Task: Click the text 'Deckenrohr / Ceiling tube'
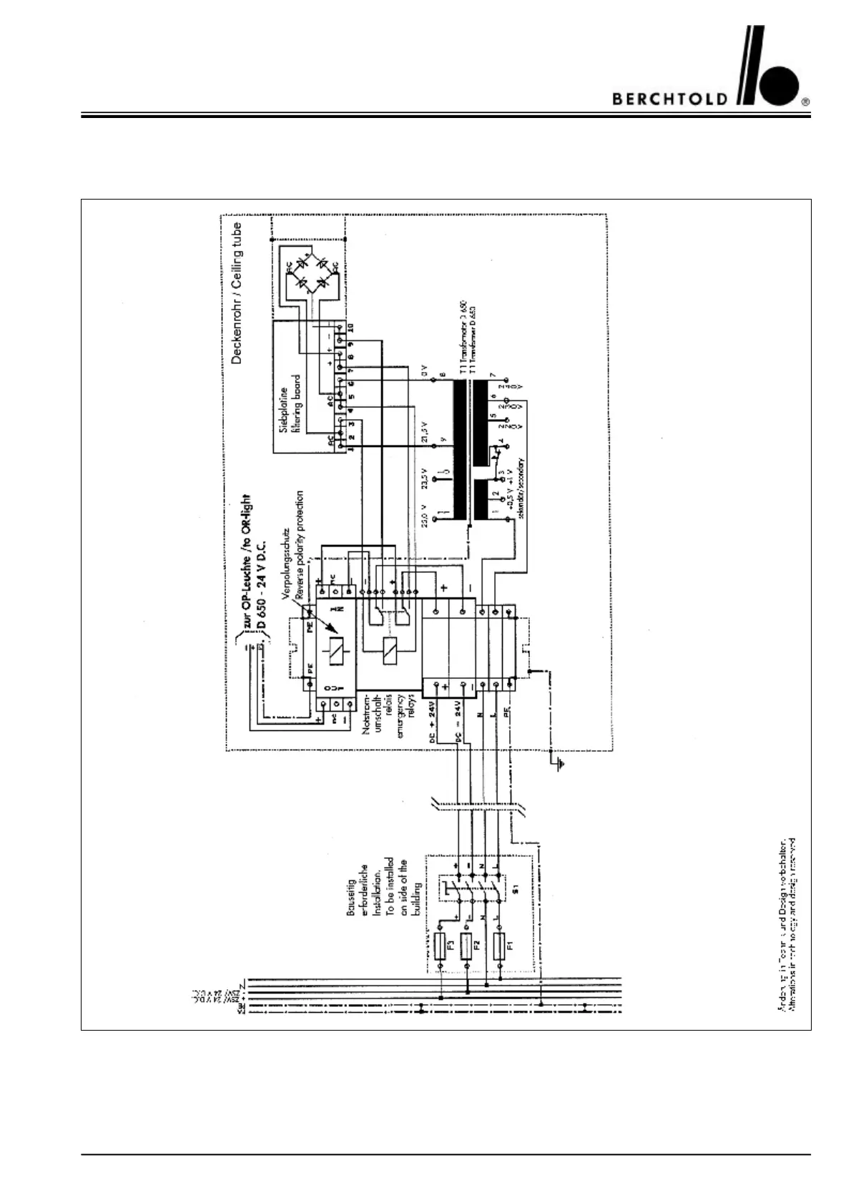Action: (x=237, y=293)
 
